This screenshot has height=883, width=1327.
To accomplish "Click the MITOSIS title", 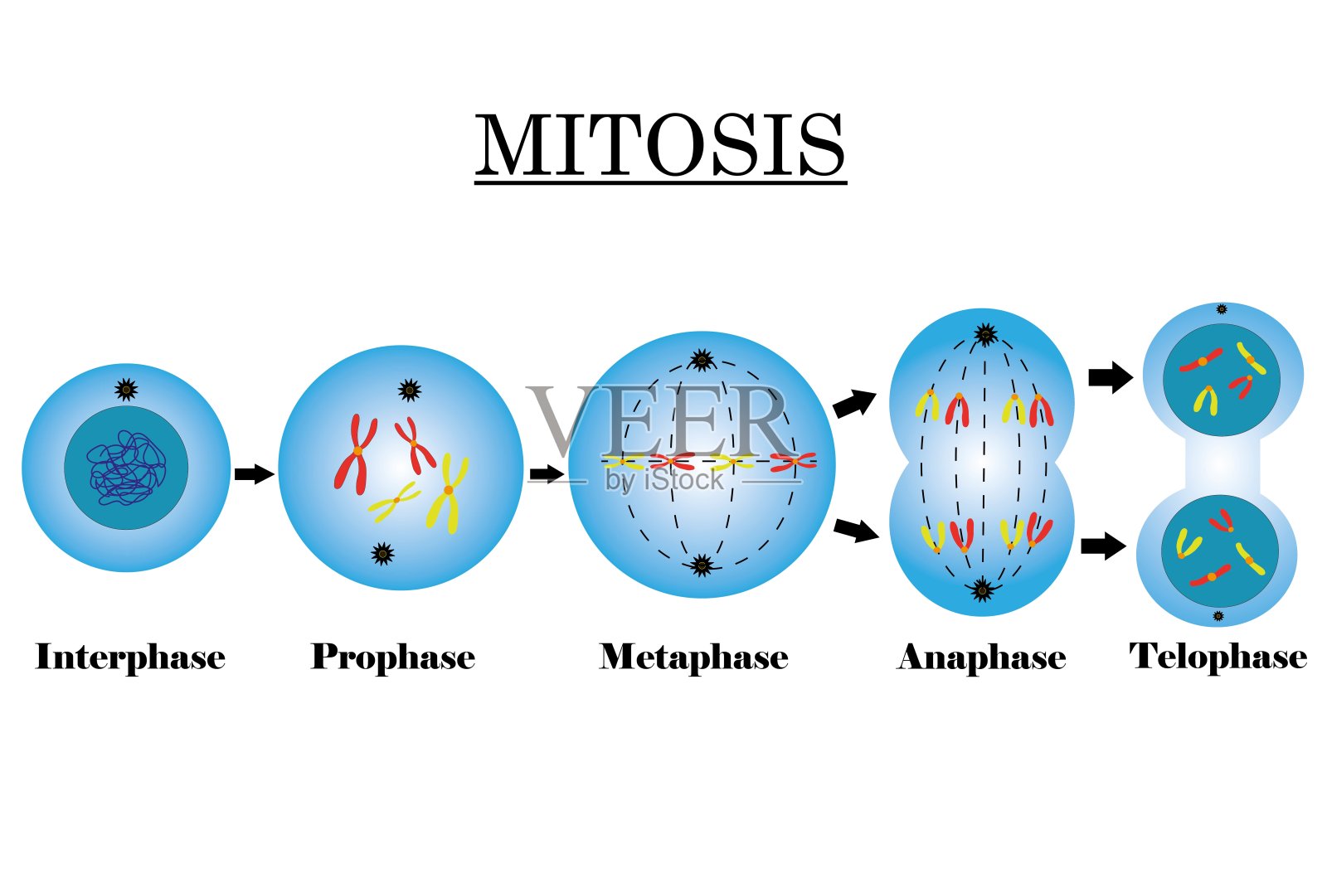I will pos(660,146).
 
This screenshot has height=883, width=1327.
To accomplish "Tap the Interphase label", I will pos(130,657).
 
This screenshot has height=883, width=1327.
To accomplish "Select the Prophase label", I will pos(393,657).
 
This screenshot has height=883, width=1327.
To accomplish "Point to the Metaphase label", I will pos(694,657).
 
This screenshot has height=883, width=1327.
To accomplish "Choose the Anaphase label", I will pos(981,657).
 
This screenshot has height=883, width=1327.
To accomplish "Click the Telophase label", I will pos(1218,657).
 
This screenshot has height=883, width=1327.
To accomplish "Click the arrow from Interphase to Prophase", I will pos(253,474).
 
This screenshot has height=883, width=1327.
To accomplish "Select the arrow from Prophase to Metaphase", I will pos(546,474).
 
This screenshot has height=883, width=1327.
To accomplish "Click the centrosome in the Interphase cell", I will pos(126,389).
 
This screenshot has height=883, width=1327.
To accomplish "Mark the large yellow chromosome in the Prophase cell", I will pos(447,492).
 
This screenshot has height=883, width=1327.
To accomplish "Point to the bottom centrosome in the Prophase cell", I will pos(382,553).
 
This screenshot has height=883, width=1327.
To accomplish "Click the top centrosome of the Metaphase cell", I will pos(702,360).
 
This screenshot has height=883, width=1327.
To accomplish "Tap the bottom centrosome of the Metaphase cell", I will pos(702,566).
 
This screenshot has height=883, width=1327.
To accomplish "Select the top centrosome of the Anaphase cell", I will pos(985,334).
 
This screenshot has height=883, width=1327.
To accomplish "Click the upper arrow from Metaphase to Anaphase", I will pos(854,404).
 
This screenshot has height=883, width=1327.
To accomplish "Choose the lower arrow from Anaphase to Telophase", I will pos(1103,546).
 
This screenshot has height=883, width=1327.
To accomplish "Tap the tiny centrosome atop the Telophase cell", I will pos(1221,309).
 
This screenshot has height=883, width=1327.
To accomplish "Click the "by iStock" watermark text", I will pos(665,480).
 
